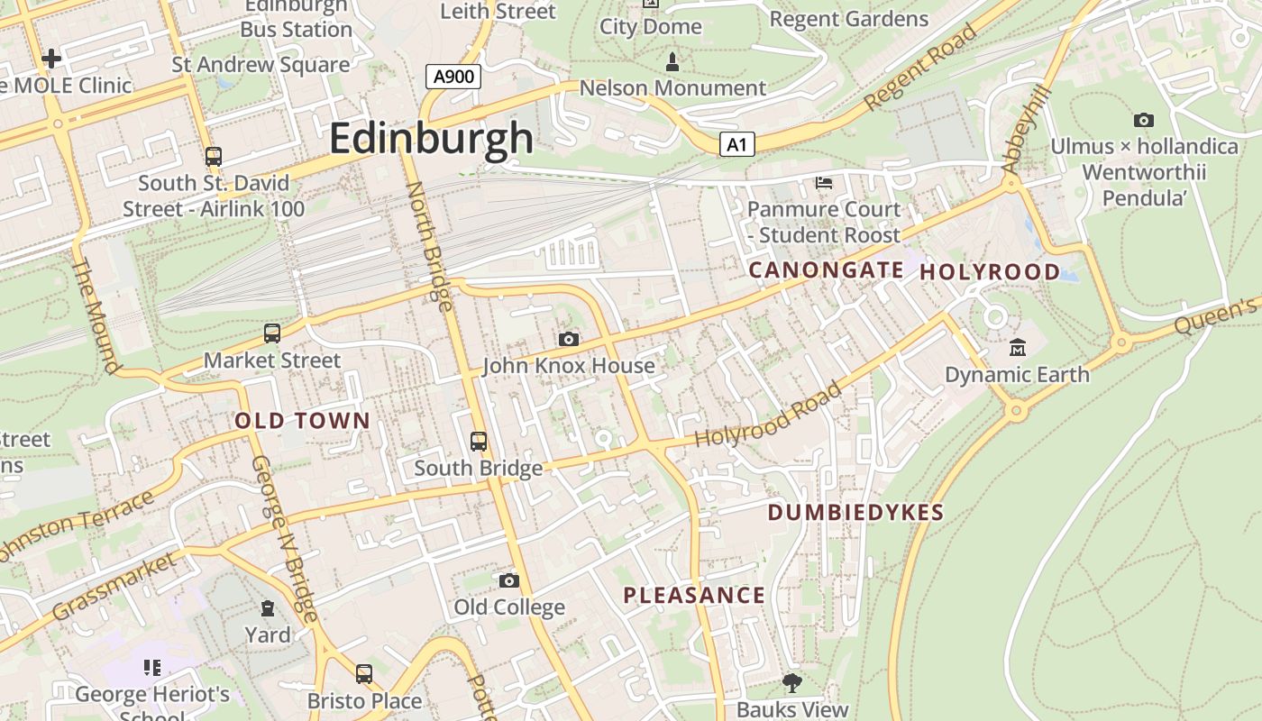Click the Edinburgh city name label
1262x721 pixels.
click(x=431, y=139)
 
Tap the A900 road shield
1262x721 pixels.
click(x=453, y=77)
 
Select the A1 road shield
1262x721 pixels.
click(x=736, y=144)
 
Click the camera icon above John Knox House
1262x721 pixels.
click(x=568, y=339)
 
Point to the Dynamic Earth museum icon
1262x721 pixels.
click(x=1018, y=348)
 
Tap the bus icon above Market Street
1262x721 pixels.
click(x=272, y=333)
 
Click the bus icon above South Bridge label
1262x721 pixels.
click(x=479, y=442)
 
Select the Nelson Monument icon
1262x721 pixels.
click(x=672, y=62)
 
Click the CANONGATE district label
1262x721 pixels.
click(x=826, y=269)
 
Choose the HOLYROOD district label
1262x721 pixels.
click(x=990, y=271)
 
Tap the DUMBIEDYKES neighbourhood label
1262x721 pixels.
click(x=855, y=513)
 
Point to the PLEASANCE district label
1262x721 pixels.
click(x=694, y=596)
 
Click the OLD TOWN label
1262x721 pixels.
click(x=302, y=420)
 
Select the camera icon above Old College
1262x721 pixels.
click(x=509, y=580)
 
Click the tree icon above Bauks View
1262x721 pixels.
click(x=792, y=682)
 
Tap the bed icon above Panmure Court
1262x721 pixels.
click(x=823, y=183)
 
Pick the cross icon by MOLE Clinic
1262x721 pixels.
click(x=51, y=59)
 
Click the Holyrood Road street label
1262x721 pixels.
click(x=769, y=415)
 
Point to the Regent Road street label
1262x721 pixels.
click(x=920, y=68)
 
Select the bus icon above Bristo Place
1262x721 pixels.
click(x=364, y=674)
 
